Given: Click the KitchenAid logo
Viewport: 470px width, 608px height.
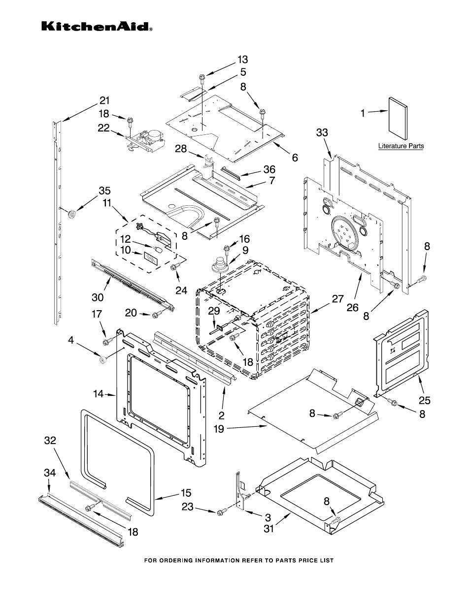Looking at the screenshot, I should click(96, 26).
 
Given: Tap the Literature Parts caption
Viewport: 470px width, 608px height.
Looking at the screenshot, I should click(401, 146).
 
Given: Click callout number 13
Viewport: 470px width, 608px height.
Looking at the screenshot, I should click(242, 60).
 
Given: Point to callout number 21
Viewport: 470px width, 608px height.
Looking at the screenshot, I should click(104, 100).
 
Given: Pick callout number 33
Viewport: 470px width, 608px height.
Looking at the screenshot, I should click(322, 133).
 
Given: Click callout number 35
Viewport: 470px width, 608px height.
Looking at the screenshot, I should click(104, 191).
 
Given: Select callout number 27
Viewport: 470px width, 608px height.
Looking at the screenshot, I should click(337, 298).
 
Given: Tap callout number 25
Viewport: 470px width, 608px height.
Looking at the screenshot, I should click(424, 401).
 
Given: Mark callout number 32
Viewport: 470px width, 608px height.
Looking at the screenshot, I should click(50, 441).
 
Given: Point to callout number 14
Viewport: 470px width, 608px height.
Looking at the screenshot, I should click(98, 393).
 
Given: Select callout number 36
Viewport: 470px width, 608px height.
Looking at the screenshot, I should click(269, 170).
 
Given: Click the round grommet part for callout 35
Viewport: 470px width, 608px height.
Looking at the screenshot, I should click(72, 213).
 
